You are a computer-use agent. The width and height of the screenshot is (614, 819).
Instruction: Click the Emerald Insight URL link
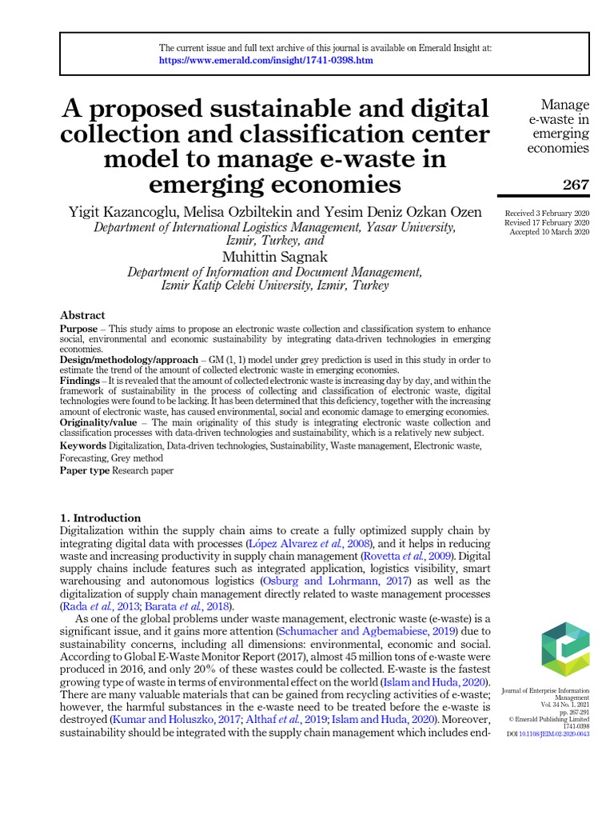265,61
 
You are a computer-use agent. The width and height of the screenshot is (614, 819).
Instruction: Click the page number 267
575,186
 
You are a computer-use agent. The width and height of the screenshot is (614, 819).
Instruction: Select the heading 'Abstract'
82,316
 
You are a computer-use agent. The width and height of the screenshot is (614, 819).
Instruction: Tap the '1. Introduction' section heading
101,517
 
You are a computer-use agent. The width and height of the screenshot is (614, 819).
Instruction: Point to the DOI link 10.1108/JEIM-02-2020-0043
559,733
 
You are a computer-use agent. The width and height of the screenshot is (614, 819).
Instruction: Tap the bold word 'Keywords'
83,445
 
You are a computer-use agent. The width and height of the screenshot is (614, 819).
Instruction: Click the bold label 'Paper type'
85,471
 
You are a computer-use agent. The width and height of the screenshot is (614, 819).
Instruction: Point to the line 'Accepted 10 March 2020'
549,232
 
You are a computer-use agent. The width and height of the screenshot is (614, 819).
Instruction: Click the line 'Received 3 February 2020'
547,213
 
